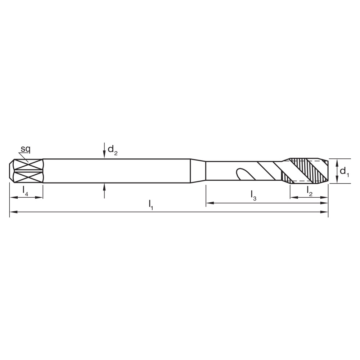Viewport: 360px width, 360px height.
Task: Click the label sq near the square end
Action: pos(25,149)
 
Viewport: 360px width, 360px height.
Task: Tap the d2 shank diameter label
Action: pos(112,150)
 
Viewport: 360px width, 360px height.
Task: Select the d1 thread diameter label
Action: pos(345,171)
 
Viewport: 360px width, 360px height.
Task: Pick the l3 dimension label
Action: pos(253,195)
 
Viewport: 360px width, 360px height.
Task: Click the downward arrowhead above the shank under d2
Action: pos(104,155)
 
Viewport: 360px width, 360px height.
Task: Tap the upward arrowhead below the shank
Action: pos(104,186)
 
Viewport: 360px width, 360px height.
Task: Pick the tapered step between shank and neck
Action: pos(198,171)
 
